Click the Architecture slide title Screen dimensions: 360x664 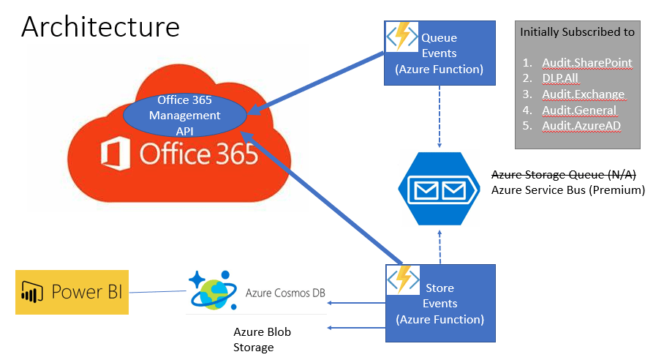[x=100, y=27]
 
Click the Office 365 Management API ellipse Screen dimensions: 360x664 [x=184, y=116]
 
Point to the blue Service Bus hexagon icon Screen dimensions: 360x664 [x=439, y=190]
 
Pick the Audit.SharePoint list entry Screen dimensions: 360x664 [x=586, y=63]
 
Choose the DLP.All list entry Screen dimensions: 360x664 [x=561, y=79]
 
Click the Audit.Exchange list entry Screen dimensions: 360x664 [x=583, y=94]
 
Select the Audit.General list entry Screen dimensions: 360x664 [x=579, y=110]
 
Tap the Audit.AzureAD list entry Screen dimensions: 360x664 [x=581, y=126]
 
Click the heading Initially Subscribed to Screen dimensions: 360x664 [x=577, y=32]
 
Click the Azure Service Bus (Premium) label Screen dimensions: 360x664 [x=567, y=190]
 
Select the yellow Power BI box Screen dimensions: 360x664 [x=72, y=292]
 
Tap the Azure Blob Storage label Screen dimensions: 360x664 [x=262, y=340]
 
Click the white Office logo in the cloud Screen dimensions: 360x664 [x=114, y=154]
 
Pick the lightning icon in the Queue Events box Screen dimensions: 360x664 [x=402, y=36]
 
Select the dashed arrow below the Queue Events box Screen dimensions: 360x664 [x=439, y=110]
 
